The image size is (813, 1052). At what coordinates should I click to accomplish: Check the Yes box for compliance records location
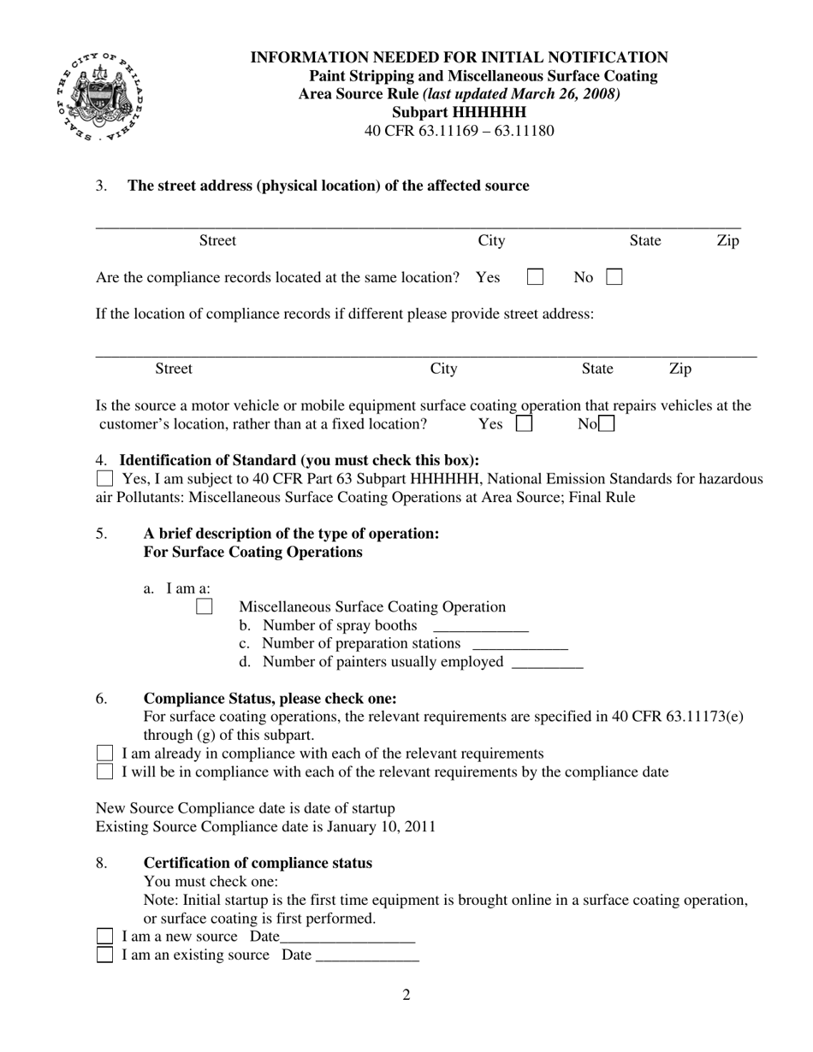coord(535,277)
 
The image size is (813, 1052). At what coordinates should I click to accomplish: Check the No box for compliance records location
coord(614,277)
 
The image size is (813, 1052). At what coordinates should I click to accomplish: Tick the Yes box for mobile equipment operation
coord(524,423)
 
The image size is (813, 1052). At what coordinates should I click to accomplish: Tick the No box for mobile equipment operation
coord(606,423)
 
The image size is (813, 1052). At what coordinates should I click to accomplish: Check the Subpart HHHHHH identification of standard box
coord(104,479)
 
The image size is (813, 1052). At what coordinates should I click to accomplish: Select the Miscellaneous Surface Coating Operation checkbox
coord(205,606)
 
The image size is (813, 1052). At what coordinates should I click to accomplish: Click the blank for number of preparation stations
coord(519,646)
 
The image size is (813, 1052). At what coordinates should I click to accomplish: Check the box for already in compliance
coord(104,754)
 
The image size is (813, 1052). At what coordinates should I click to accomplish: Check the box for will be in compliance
coord(104,772)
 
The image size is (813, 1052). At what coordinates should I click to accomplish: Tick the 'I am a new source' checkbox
coord(104,937)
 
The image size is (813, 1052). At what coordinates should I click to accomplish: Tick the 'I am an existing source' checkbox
coord(104,955)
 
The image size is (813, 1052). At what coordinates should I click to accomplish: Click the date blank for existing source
coord(367,958)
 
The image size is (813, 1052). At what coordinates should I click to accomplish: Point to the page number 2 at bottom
coord(406,995)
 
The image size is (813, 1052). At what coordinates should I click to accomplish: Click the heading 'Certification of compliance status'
coord(258,863)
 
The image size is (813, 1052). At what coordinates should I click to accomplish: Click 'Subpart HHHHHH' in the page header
coord(459,112)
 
